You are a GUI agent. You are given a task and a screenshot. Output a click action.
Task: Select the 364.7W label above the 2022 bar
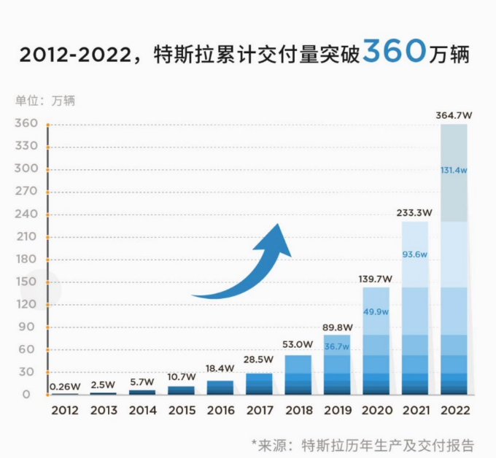[454, 114]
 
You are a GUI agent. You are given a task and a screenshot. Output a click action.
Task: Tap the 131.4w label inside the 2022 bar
[454, 170]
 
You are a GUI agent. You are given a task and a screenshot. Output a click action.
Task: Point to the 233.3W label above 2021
[414, 213]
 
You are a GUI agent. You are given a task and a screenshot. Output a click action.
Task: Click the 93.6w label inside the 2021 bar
[414, 255]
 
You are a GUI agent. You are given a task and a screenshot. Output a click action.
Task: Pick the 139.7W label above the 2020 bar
[375, 279]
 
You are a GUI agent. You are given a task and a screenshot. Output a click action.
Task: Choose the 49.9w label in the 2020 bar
[375, 311]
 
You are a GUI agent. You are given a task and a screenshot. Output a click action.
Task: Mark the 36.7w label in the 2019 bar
[336, 346]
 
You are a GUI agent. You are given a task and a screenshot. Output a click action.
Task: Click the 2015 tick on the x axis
[182, 411]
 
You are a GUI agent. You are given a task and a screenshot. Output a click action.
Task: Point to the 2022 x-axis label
[454, 411]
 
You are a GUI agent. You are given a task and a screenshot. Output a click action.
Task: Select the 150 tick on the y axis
[26, 282]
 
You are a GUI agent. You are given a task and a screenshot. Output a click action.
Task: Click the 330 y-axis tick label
[26, 147]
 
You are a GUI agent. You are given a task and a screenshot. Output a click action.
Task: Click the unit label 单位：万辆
[45, 101]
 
